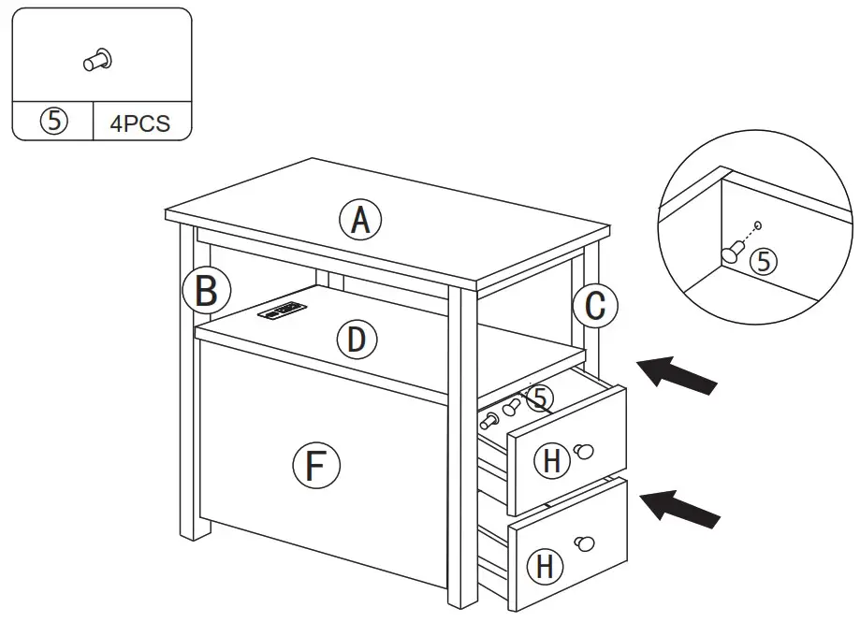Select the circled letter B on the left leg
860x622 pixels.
tap(206, 291)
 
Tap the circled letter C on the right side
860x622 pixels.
tap(595, 305)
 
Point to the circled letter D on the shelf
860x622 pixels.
tap(356, 340)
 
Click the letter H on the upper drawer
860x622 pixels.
tap(553, 460)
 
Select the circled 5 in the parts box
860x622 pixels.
tap(53, 123)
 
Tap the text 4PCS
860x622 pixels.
tap(140, 123)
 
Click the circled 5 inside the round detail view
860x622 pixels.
tap(765, 262)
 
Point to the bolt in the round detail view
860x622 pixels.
tap(732, 250)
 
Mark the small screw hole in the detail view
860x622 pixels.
tap(758, 224)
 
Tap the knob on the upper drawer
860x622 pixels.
tap(586, 452)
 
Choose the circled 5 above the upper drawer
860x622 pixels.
tap(538, 398)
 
